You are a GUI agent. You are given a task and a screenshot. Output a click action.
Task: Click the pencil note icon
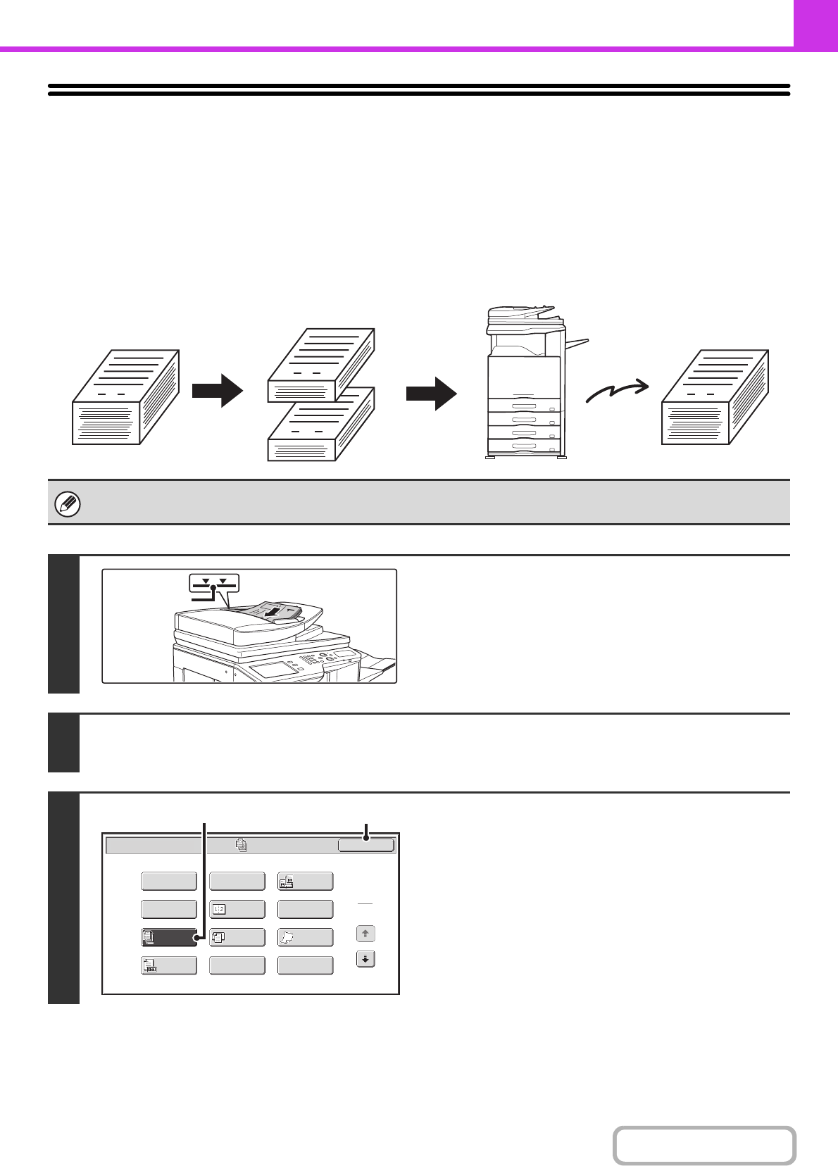(x=68, y=504)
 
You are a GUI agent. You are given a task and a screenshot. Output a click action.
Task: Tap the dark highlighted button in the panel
(x=169, y=937)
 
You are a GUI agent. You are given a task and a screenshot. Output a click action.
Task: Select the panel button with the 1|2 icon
(x=237, y=909)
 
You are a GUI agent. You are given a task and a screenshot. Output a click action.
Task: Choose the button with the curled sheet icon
(x=305, y=937)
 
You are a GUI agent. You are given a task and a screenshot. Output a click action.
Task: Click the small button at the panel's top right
(x=365, y=845)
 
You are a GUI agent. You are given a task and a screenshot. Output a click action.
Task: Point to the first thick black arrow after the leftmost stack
(x=218, y=390)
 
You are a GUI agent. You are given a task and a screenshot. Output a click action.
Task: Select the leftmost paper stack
(x=125, y=397)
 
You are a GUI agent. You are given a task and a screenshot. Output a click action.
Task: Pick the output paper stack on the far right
(x=715, y=397)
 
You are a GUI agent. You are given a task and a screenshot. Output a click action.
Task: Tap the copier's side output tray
(x=575, y=344)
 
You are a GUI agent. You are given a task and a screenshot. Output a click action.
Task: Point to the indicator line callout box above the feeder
(x=214, y=582)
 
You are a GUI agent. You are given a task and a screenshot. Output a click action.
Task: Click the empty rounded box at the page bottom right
(x=704, y=1145)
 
